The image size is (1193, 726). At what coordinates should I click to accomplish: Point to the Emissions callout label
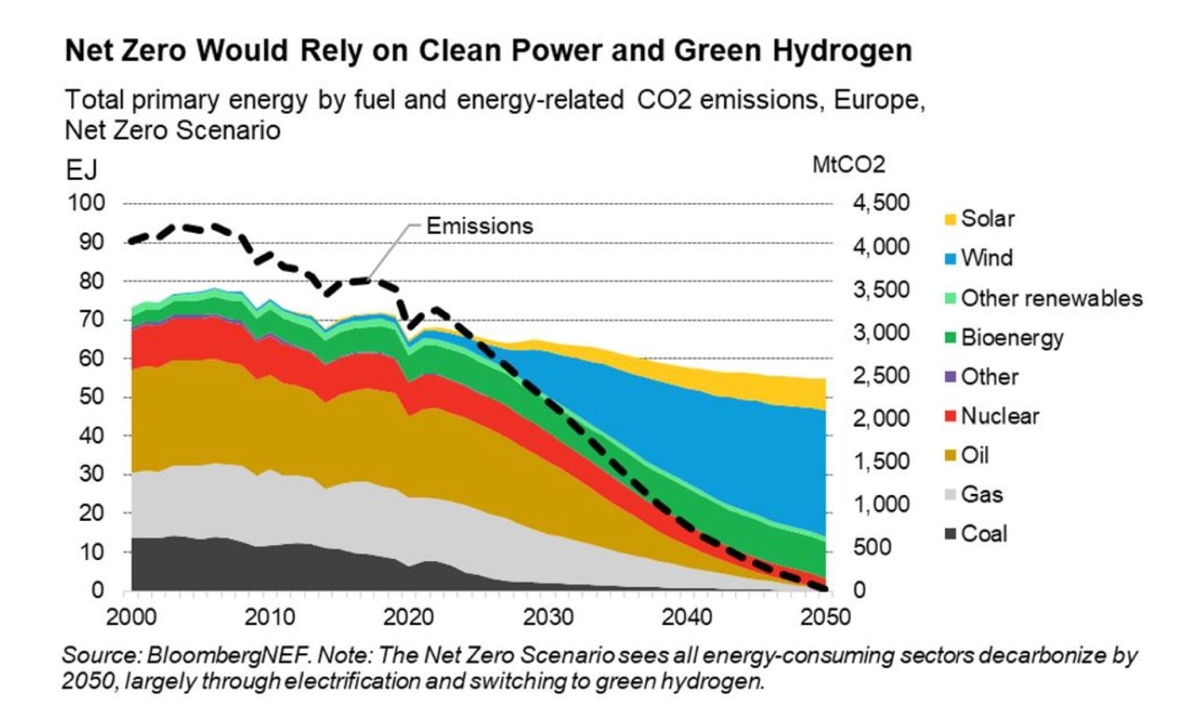coord(479,225)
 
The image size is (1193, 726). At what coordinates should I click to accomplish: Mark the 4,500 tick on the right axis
coord(878,203)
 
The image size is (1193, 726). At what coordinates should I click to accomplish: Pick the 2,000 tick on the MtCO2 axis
coord(878,418)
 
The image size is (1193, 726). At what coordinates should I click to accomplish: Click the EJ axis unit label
coord(80,172)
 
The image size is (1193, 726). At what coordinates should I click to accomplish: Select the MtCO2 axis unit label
coord(849,165)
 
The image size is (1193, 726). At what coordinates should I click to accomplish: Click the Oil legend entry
coord(975,456)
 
